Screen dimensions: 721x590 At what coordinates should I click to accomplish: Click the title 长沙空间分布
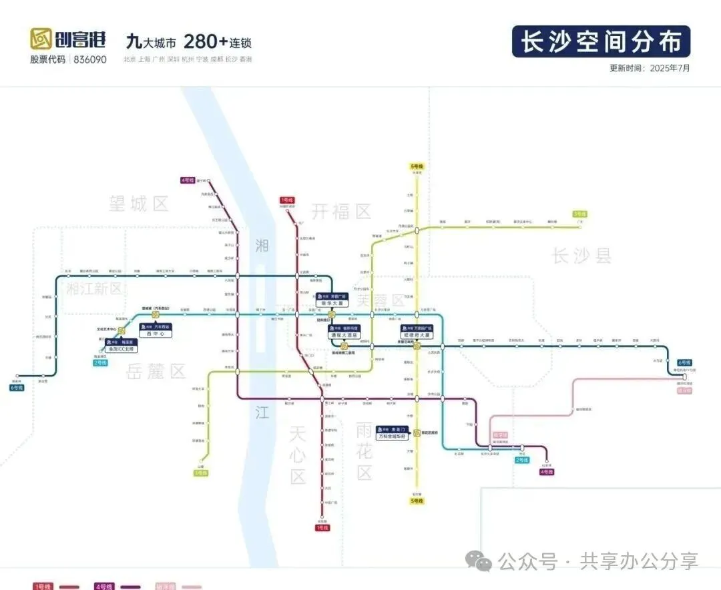click(601, 41)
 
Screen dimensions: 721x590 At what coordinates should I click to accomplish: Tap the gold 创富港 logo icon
click(41, 40)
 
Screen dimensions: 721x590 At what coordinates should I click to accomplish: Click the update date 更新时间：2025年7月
click(649, 68)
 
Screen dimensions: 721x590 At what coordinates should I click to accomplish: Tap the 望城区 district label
click(140, 204)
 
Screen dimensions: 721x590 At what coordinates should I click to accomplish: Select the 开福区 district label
click(341, 212)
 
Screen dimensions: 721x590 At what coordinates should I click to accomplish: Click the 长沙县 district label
click(581, 255)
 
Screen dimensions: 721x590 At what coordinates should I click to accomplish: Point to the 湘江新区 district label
click(95, 288)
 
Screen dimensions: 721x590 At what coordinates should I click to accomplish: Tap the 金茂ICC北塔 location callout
click(121, 348)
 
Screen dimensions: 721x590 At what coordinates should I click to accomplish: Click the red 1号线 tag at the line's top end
click(287, 200)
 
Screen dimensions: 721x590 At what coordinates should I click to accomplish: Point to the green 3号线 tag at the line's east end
click(579, 214)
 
